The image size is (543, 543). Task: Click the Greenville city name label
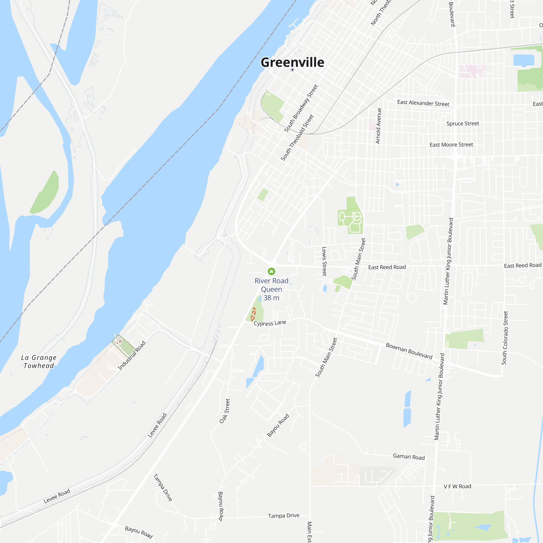pos(292,62)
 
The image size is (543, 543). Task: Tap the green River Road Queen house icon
pos(271,271)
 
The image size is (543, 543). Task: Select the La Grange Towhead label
pos(39,361)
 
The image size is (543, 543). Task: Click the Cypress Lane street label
pos(270,323)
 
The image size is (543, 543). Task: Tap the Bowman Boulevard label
pos(409,351)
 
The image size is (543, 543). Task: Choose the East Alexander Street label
pos(423,103)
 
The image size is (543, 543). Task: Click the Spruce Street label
pos(463,124)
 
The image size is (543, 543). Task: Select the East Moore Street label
pos(451,145)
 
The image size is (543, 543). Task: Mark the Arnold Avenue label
pos(378,126)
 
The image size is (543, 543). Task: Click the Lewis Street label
pos(324,261)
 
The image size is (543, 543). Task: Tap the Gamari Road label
pos(409,457)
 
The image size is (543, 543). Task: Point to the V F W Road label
pos(457,487)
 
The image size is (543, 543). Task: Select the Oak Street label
pos(225,411)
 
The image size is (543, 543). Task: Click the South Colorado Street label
pos(505,338)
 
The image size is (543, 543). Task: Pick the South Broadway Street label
pos(301,108)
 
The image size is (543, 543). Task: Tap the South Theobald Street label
pos(297,137)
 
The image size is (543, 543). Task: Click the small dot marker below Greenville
pos(292,70)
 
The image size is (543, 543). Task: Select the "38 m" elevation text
pos(271,298)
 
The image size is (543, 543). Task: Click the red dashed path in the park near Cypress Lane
pos(253,314)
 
